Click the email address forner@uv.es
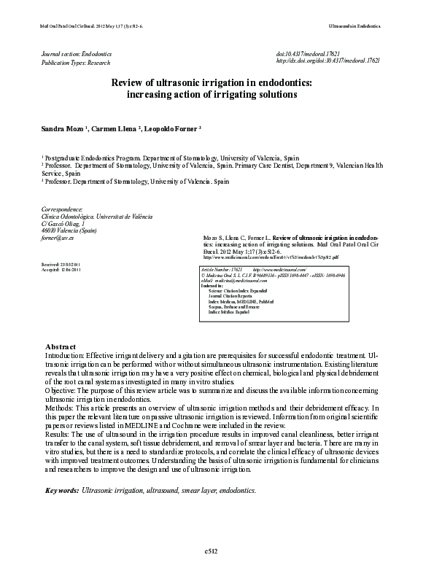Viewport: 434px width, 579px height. (58, 238)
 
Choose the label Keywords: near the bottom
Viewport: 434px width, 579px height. (62, 491)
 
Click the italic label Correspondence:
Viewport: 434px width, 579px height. (63, 209)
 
